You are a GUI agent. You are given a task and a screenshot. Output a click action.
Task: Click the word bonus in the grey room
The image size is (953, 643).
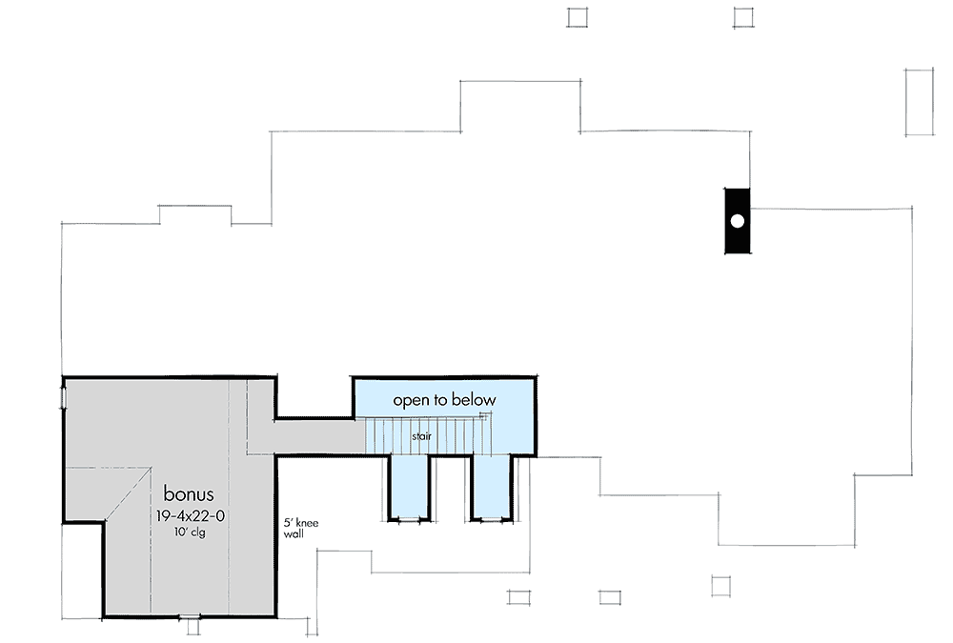point(189,492)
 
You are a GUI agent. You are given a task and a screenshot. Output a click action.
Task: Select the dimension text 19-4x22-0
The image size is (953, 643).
point(191,516)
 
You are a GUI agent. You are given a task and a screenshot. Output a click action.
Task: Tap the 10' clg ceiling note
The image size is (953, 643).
point(189,532)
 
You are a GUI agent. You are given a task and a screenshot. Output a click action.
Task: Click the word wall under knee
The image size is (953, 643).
point(294,534)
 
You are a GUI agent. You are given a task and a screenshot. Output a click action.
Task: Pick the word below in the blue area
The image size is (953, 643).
point(474,399)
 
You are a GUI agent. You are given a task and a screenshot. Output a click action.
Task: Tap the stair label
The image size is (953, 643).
point(421,436)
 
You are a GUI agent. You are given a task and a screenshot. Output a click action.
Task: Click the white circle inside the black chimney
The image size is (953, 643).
point(738,221)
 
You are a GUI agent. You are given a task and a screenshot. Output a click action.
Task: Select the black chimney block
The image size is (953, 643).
point(738,221)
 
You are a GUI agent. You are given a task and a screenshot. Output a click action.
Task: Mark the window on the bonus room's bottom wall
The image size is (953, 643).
point(190,617)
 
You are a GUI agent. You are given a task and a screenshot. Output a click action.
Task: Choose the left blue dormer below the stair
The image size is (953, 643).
point(409,486)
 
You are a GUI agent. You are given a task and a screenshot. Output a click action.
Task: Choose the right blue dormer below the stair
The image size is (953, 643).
point(492,486)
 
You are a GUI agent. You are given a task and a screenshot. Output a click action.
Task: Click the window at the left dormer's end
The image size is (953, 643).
point(409,519)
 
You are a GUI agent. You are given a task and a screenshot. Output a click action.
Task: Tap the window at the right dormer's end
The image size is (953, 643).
point(491,519)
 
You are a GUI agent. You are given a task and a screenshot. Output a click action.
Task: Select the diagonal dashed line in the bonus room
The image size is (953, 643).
point(128,494)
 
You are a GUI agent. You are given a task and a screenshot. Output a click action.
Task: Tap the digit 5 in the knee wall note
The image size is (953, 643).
point(287,523)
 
